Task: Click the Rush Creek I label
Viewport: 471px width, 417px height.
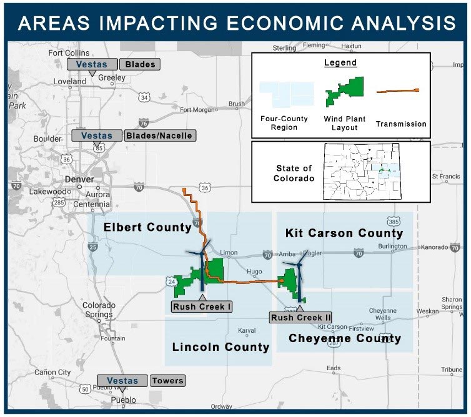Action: (202, 307)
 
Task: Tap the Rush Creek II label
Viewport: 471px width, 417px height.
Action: (300, 317)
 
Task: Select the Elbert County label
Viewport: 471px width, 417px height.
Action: (147, 227)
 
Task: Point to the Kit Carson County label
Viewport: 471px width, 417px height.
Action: (344, 233)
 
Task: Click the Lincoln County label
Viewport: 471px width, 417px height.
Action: (221, 347)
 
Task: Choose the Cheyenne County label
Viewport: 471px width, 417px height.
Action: (345, 338)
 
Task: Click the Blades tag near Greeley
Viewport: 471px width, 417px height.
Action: (140, 64)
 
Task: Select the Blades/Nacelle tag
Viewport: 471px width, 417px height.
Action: (161, 135)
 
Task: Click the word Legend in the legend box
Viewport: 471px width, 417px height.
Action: (340, 63)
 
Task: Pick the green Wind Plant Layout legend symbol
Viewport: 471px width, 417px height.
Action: (345, 92)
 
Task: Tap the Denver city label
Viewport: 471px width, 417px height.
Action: (79, 179)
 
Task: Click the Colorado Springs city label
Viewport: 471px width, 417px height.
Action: (99, 310)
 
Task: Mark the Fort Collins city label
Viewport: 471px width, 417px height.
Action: (69, 53)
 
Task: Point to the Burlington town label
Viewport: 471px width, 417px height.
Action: (392, 247)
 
